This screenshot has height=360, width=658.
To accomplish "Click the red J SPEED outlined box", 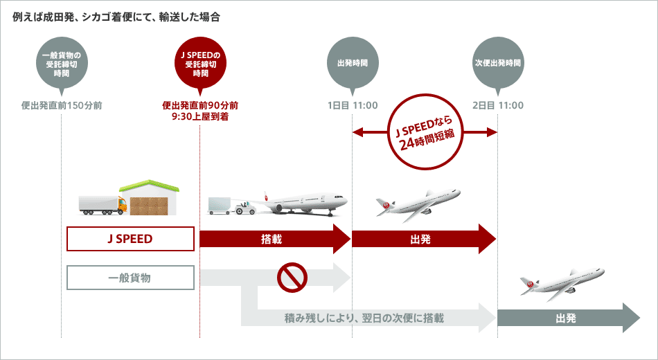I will [130, 239].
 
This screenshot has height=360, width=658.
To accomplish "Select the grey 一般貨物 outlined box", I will [130, 278].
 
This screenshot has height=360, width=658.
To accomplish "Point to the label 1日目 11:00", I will [353, 106].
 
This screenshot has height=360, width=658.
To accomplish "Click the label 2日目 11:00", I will [498, 106].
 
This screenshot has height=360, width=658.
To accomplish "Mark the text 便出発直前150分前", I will [62, 106].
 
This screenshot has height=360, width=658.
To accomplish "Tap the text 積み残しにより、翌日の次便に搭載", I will [364, 318].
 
